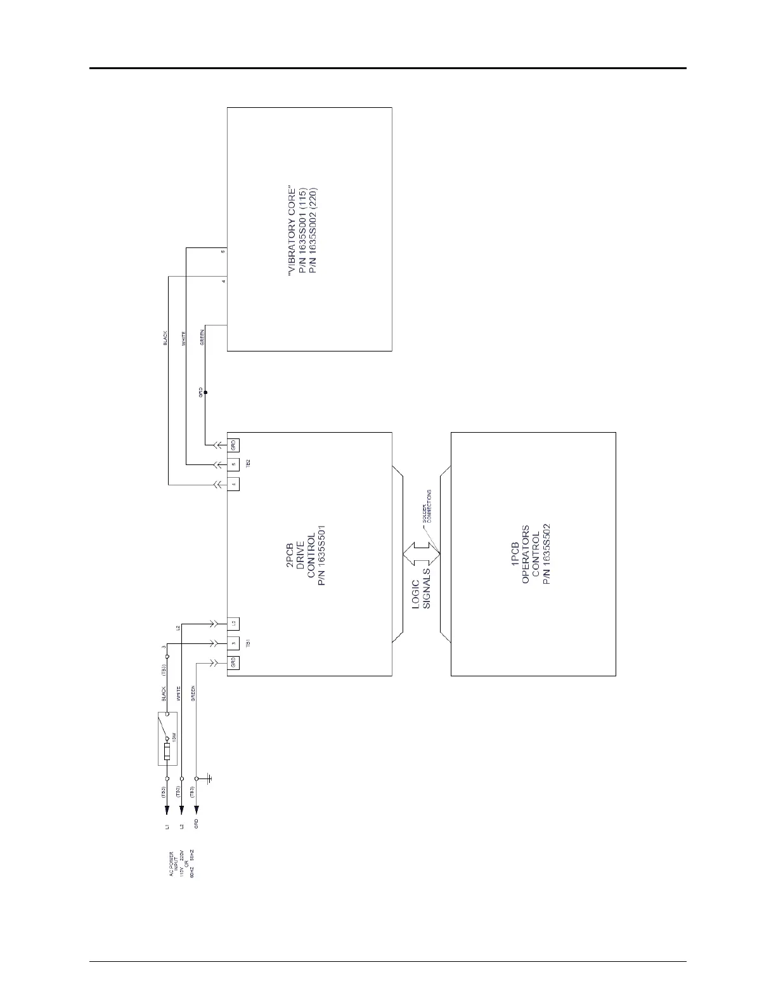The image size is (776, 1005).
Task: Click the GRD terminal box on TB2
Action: pyautogui.click(x=233, y=443)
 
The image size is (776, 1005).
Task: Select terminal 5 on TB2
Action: pyautogui.click(x=233, y=464)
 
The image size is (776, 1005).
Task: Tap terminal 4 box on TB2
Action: pyautogui.click(x=233, y=485)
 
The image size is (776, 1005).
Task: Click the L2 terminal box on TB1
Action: pyautogui.click(x=233, y=624)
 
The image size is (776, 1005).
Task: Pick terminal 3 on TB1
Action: pyautogui.click(x=233, y=643)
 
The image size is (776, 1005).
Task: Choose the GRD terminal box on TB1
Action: pyautogui.click(x=233, y=663)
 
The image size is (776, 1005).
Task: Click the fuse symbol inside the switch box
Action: pyautogui.click(x=167, y=752)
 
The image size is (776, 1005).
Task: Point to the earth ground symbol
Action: pyautogui.click(x=209, y=778)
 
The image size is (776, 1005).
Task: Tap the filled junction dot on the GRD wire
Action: pyautogui.click(x=205, y=393)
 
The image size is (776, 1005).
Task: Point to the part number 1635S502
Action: pyautogui.click(x=546, y=555)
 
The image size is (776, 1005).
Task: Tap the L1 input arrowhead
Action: pyautogui.click(x=167, y=810)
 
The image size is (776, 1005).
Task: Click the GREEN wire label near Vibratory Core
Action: pyautogui.click(x=202, y=337)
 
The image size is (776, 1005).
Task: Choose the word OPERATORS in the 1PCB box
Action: pyautogui.click(x=525, y=555)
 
